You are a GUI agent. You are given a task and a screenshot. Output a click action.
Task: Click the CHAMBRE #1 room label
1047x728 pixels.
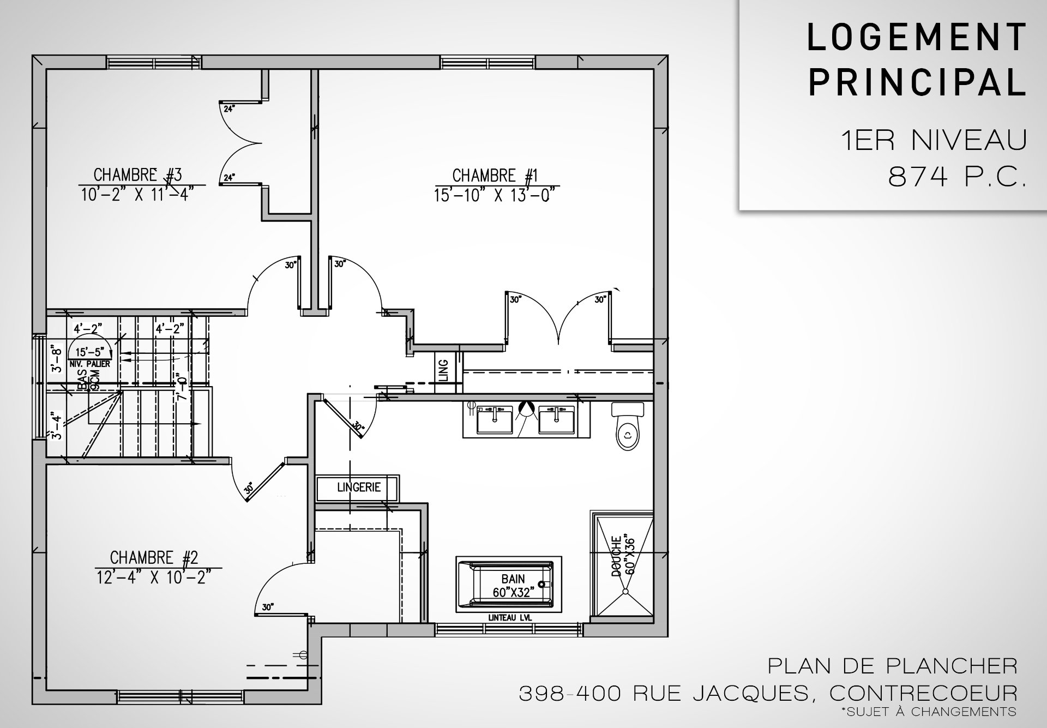click(495, 176)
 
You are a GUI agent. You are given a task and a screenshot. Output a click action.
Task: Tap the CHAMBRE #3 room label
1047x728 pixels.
click(137, 175)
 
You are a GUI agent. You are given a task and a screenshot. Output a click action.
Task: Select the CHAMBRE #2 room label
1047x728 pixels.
click(154, 558)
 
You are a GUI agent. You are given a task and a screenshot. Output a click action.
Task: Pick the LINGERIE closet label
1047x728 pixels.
click(359, 488)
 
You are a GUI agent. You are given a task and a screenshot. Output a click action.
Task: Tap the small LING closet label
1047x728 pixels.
click(443, 370)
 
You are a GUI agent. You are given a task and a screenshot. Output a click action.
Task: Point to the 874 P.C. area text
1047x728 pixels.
click(957, 176)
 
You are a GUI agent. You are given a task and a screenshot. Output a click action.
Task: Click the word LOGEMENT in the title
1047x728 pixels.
click(917, 38)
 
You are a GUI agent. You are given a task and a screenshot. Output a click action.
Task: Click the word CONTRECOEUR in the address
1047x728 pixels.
click(923, 694)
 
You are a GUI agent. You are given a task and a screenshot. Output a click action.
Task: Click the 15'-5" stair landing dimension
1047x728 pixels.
click(89, 353)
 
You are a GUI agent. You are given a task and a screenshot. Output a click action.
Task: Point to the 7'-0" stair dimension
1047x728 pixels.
click(182, 386)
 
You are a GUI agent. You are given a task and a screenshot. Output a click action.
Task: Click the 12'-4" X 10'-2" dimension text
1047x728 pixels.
click(154, 576)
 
